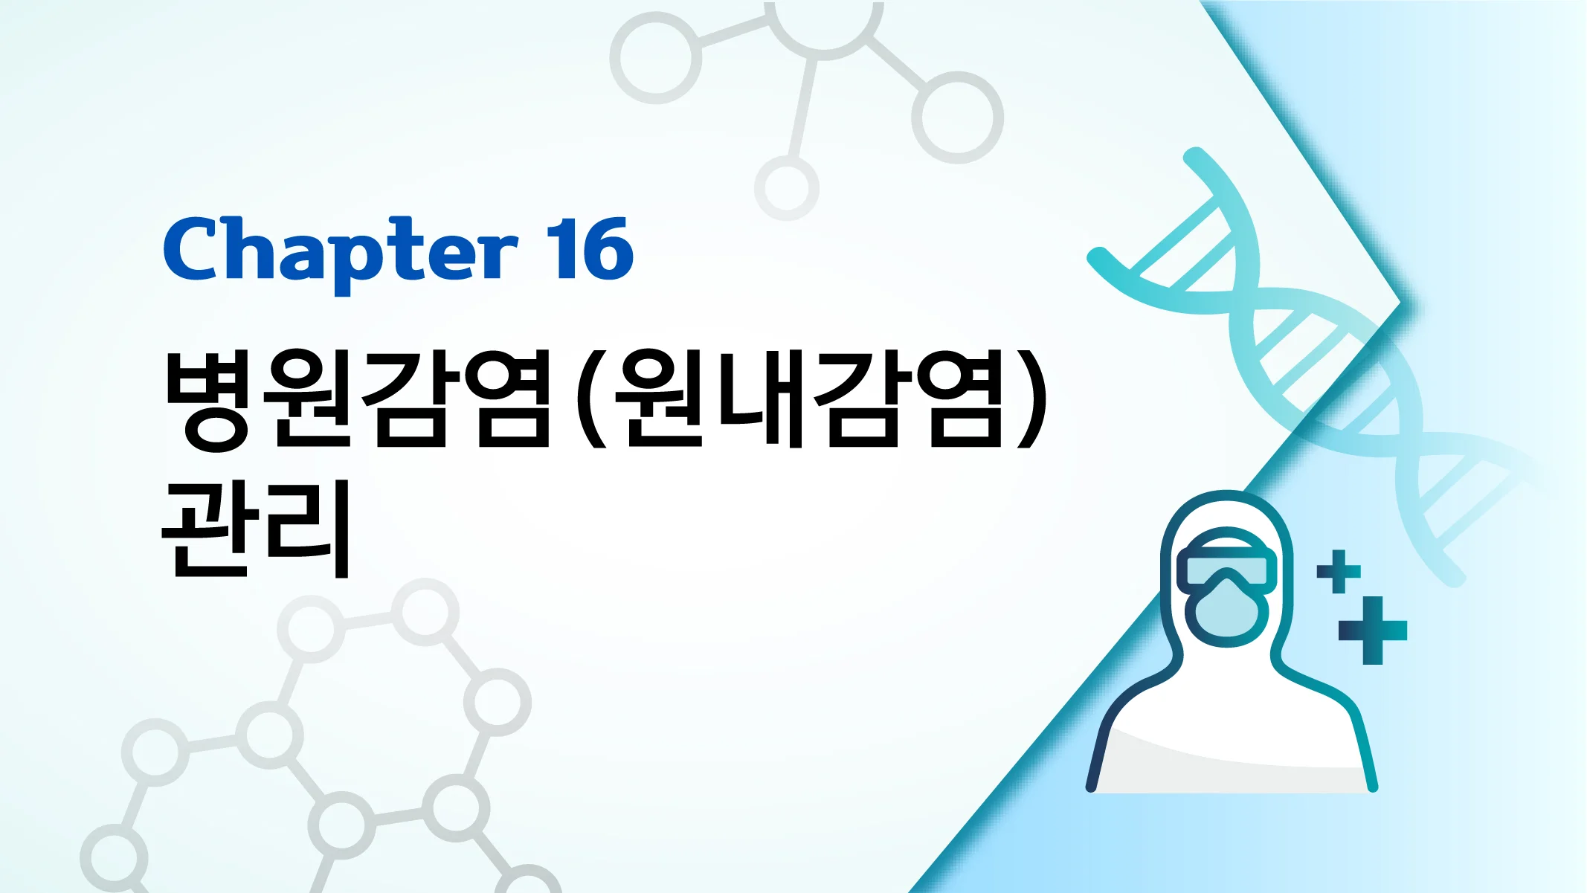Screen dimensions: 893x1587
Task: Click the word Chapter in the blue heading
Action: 340,251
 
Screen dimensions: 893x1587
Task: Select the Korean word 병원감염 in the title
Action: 357,399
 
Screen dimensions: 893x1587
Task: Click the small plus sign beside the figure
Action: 1339,571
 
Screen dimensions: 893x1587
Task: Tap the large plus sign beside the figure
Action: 1373,631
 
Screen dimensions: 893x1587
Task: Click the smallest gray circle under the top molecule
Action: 787,187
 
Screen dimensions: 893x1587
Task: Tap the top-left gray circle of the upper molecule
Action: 655,58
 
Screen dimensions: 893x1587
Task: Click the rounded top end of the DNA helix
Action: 1194,157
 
